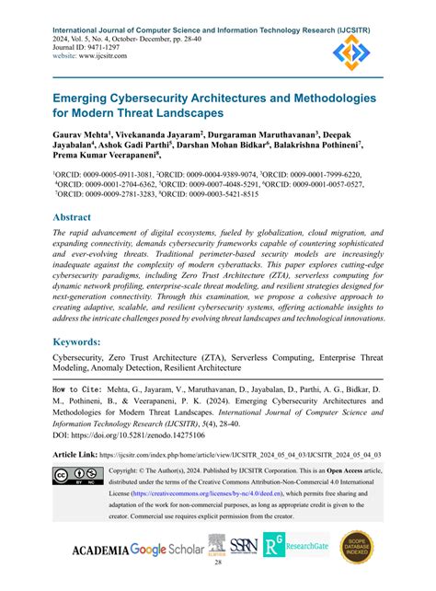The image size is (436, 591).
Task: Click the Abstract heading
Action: click(x=78, y=217)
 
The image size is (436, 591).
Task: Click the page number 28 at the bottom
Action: click(x=217, y=575)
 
